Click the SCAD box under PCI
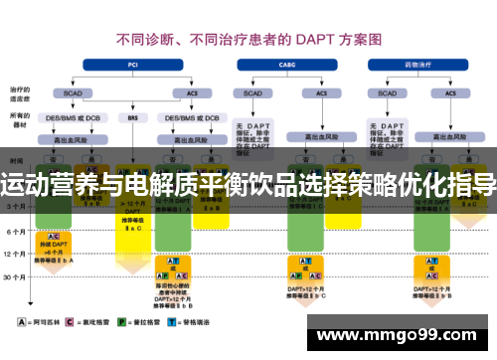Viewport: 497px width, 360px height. pyautogui.click(x=73, y=92)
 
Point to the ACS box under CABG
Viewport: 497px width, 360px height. pyautogui.click(x=321, y=92)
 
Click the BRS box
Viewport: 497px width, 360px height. pyautogui.click(x=132, y=117)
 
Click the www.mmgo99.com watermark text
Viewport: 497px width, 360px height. pyautogui.click(x=399, y=335)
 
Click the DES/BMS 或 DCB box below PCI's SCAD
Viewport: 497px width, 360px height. pyautogui.click(x=73, y=117)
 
